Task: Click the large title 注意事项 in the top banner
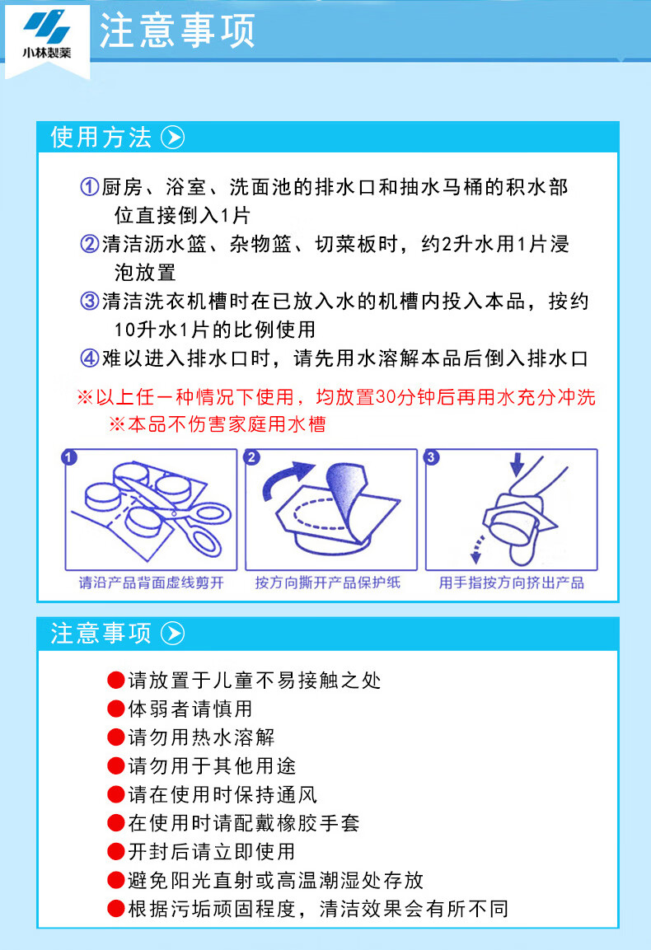pyautogui.click(x=177, y=30)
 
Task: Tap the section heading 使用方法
pyautogui.click(x=101, y=138)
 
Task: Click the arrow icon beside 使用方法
pyautogui.click(x=173, y=138)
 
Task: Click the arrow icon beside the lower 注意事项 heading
pyautogui.click(x=173, y=633)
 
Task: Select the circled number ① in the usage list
pyautogui.click(x=90, y=186)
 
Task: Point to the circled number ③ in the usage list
pyautogui.click(x=90, y=301)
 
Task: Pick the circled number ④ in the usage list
pyautogui.click(x=90, y=358)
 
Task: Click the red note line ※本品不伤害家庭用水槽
pyautogui.click(x=217, y=424)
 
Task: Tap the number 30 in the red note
pyautogui.click(x=386, y=397)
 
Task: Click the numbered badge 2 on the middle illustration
pyautogui.click(x=251, y=456)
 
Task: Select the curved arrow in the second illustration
pyautogui.click(x=286, y=475)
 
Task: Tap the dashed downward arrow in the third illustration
pyautogui.click(x=477, y=548)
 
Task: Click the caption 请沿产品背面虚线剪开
pyautogui.click(x=152, y=583)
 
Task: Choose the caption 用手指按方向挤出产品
pyautogui.click(x=512, y=583)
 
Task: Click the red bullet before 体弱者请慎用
pyautogui.click(x=115, y=709)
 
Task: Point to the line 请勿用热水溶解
pyautogui.click(x=201, y=737)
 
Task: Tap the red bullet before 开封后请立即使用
pyautogui.click(x=115, y=851)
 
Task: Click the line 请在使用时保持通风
pyautogui.click(x=222, y=794)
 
